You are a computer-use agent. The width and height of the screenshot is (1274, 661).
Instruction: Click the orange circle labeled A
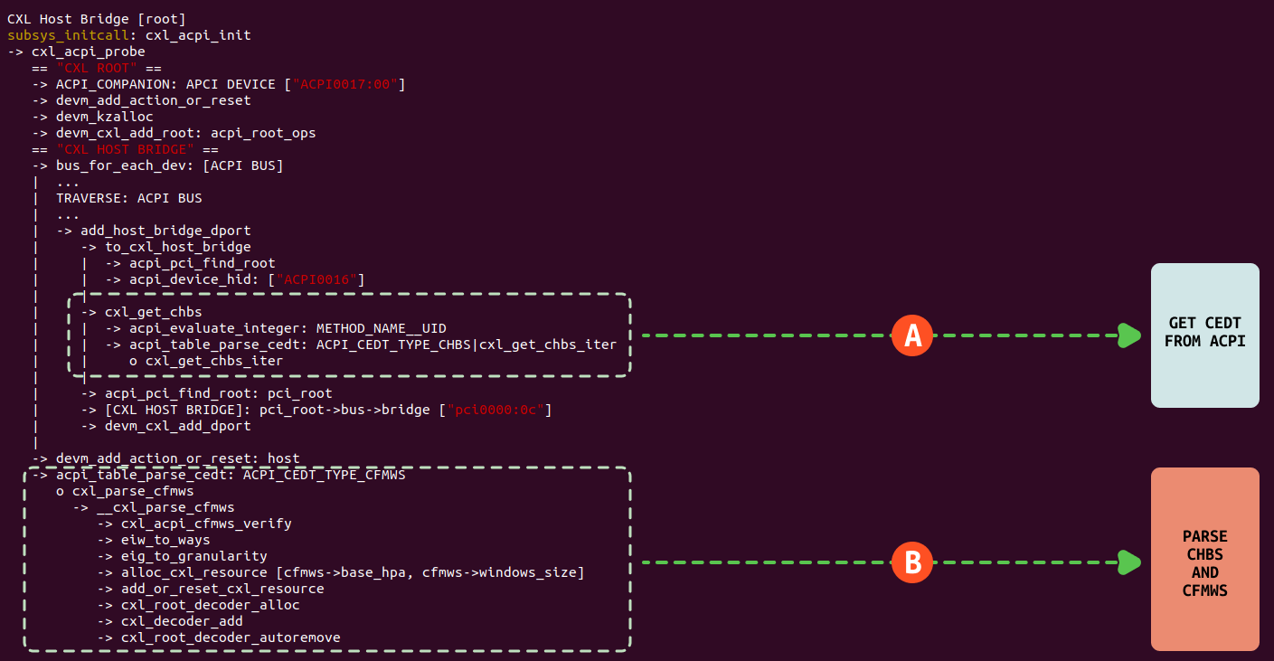(913, 335)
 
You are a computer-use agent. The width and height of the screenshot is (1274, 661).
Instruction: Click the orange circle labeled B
(913, 562)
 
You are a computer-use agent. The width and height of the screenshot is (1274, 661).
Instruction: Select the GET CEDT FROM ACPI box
(1204, 335)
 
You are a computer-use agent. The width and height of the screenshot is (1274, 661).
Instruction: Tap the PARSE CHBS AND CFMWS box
(1204, 559)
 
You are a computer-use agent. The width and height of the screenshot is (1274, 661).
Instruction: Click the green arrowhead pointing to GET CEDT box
(1129, 335)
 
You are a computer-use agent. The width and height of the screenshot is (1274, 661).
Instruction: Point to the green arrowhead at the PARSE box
(1129, 562)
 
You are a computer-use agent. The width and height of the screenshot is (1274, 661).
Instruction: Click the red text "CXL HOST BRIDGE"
(125, 149)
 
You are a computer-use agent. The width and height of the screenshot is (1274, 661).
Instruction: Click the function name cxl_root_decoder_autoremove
(231, 637)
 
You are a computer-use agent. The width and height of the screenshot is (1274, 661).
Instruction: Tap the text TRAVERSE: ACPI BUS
(129, 198)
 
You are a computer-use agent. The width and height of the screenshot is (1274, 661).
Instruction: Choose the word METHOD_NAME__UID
(381, 328)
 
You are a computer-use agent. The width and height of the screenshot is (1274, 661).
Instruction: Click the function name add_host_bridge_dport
(165, 231)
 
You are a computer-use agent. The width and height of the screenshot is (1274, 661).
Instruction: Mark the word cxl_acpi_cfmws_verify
(206, 524)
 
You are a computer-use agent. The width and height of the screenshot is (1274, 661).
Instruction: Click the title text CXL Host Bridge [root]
(97, 19)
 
